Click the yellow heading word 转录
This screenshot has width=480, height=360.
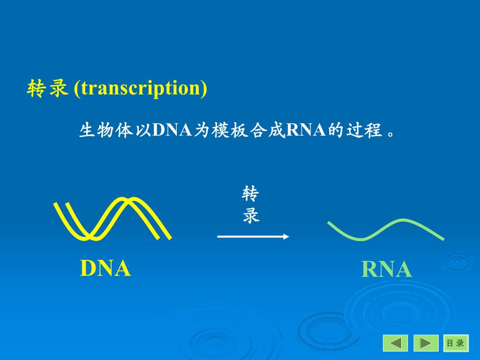(x=47, y=89)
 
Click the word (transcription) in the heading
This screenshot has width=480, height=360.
(x=140, y=89)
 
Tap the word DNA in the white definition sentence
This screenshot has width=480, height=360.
(x=172, y=129)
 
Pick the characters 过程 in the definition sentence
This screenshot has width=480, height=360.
(x=364, y=129)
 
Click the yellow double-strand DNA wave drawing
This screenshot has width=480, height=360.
(x=112, y=220)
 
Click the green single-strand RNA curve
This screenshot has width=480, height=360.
(x=386, y=230)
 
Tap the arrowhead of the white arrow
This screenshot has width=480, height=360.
(x=286, y=236)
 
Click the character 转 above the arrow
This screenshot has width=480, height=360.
(x=251, y=195)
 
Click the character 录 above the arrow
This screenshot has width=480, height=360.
(x=251, y=215)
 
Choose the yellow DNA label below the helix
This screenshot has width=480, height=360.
(x=105, y=268)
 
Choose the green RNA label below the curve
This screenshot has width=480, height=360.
(x=387, y=270)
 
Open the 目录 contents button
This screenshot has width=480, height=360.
(x=455, y=343)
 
